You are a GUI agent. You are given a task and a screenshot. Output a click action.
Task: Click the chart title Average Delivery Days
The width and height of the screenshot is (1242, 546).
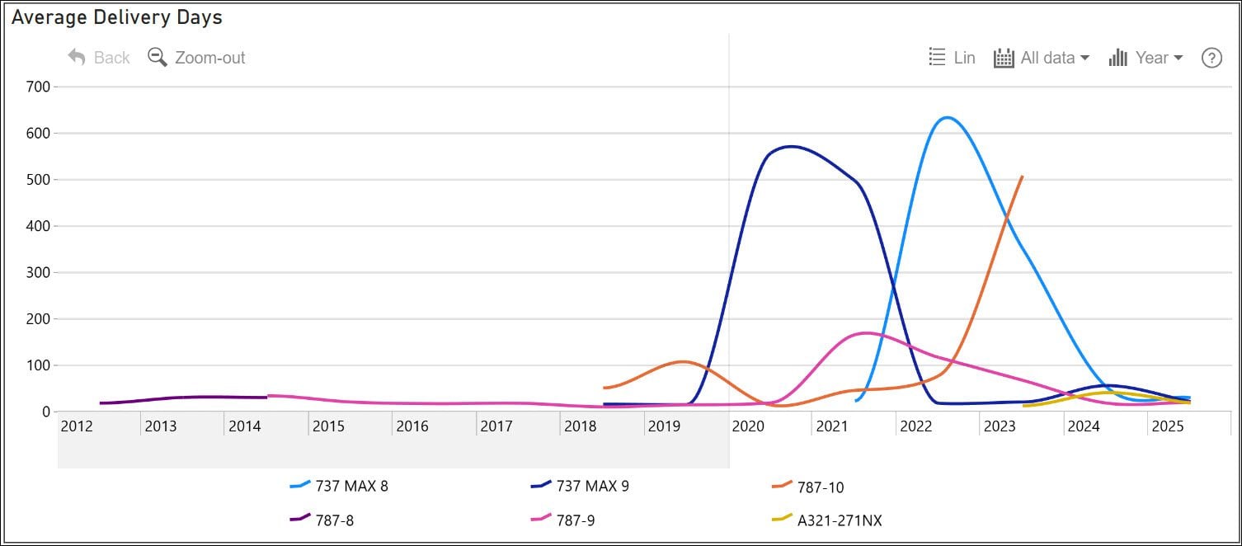point(116,17)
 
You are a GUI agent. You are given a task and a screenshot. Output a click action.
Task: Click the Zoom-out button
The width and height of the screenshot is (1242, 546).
point(196,58)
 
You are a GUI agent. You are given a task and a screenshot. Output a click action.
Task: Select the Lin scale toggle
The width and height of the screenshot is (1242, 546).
point(952,58)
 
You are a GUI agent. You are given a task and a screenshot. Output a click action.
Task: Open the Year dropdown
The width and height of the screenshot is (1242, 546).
point(1146,58)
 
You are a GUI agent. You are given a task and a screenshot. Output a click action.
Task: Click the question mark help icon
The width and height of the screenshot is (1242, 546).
point(1211,58)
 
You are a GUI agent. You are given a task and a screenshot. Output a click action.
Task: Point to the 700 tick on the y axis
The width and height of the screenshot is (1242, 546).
point(40,87)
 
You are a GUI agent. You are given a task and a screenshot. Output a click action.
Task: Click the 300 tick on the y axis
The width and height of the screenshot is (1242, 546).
point(40,272)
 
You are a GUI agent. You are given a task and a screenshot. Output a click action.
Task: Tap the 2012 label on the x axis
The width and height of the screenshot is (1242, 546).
point(77,426)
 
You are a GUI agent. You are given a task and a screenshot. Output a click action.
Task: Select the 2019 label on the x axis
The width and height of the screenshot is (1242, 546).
point(664,426)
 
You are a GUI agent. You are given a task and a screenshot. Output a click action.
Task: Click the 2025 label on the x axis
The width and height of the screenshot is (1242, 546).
point(1168,426)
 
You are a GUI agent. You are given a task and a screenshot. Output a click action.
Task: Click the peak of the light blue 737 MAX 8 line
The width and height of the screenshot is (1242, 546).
point(947,117)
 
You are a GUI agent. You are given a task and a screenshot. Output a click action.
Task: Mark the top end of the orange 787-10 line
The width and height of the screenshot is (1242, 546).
point(1022,177)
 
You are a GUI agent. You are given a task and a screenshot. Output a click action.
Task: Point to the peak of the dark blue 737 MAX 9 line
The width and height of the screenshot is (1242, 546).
point(791,147)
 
